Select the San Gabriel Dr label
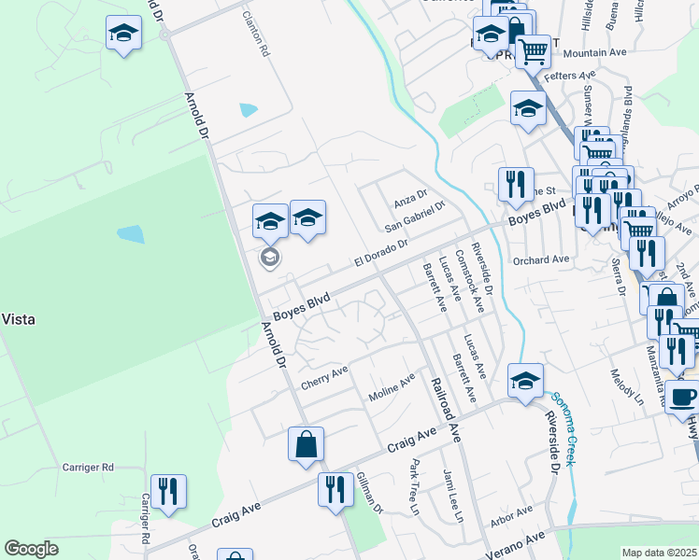(416, 217)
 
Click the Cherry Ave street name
(324, 378)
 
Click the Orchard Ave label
(541, 259)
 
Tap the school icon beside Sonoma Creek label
(525, 381)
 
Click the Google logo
(31, 549)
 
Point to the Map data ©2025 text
(660, 553)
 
